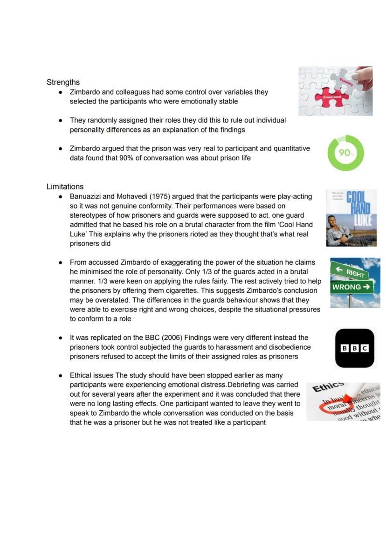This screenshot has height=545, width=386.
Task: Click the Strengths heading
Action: click(x=63, y=83)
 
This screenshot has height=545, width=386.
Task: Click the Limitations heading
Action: click(x=65, y=186)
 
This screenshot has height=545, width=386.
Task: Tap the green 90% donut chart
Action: click(x=345, y=153)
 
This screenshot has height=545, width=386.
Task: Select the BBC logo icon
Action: click(x=355, y=348)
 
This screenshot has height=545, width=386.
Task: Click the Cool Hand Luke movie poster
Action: click(x=351, y=218)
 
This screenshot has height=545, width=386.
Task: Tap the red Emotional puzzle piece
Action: click(x=332, y=97)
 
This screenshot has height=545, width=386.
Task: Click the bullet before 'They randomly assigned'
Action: click(x=61, y=120)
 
